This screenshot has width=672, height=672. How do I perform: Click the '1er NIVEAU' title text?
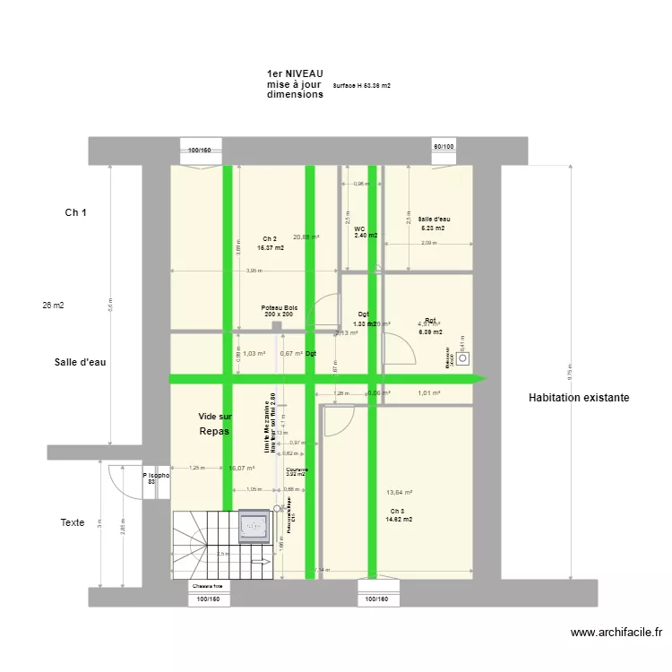295,73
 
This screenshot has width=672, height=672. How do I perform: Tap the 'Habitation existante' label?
579,397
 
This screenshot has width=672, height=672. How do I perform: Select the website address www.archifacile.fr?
617,632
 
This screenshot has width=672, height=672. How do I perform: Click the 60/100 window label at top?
444,146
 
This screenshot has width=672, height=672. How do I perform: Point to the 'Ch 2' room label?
270,238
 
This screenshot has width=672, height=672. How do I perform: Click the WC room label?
359,229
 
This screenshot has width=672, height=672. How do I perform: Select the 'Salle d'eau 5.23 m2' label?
434,223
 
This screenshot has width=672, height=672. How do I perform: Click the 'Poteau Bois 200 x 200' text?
279,311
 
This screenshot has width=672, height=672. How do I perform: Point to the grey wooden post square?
278,327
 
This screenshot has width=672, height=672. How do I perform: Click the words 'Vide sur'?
215,417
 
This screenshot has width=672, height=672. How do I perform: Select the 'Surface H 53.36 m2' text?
361,86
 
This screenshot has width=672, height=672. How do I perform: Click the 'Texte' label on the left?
73,522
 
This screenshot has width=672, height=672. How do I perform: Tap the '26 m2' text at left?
53,306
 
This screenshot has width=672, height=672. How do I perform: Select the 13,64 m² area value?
399,492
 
